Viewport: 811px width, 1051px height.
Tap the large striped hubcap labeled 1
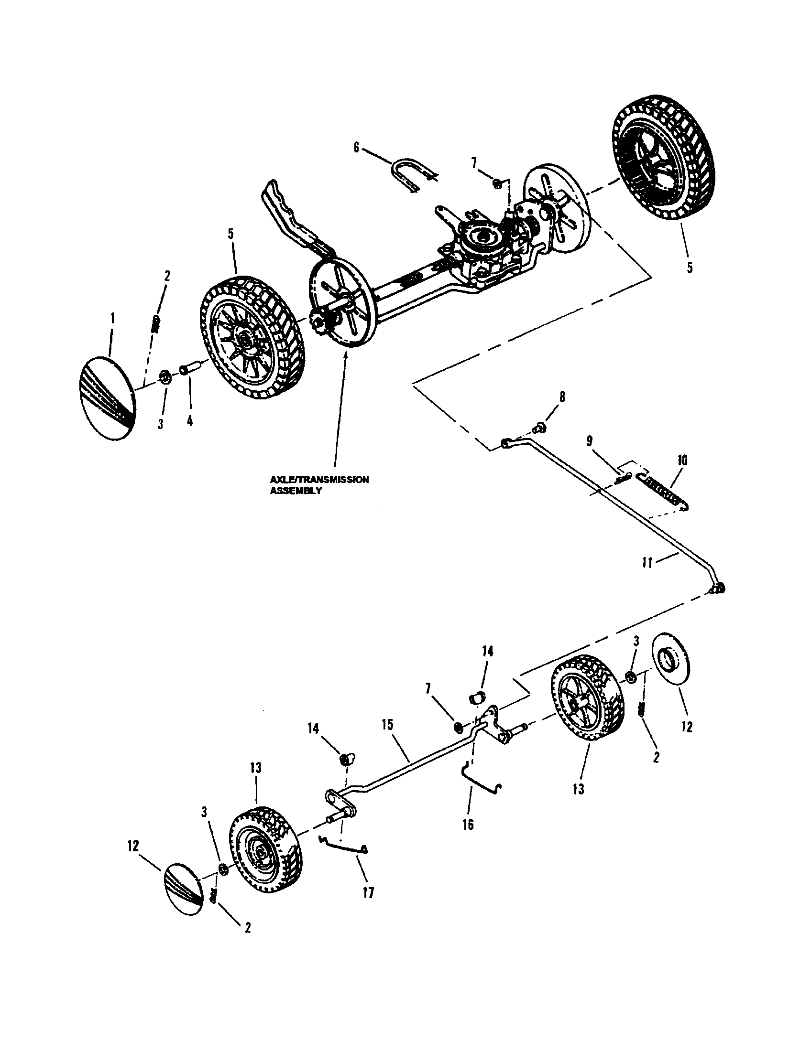pos(107,397)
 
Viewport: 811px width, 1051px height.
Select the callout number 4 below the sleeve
pos(189,421)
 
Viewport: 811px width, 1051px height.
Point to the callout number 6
pos(356,147)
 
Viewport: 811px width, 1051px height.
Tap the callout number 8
pos(562,397)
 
